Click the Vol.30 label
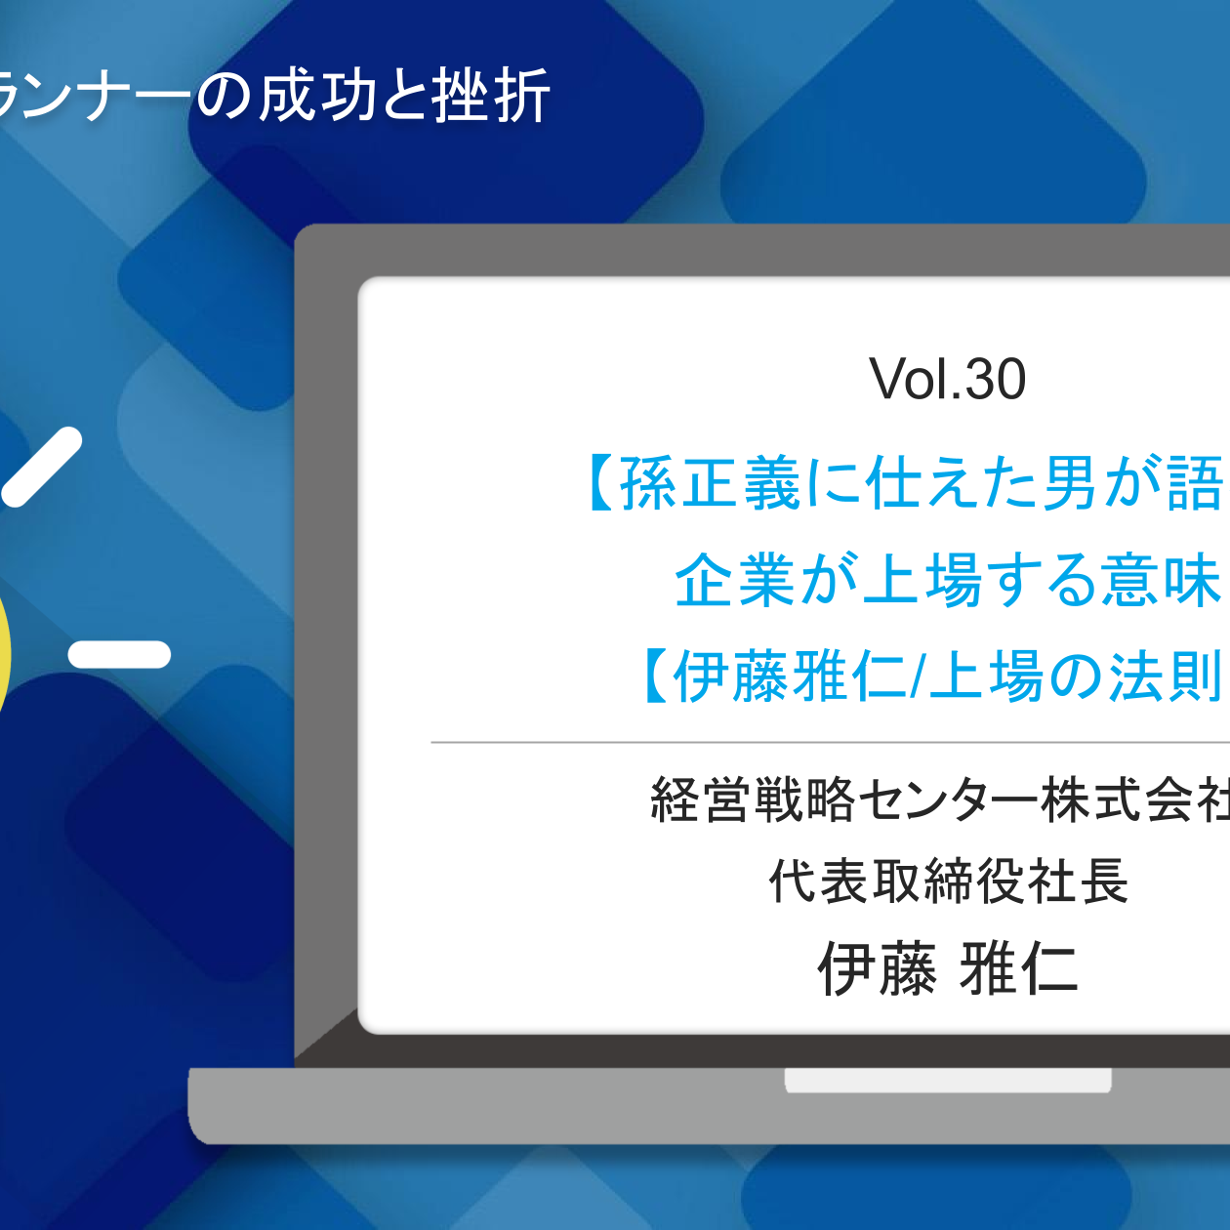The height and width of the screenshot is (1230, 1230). coord(947,379)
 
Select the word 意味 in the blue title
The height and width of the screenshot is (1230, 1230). coord(1162,580)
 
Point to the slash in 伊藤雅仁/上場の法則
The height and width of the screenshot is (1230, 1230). coord(917,676)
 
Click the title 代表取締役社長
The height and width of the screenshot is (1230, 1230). coord(948,881)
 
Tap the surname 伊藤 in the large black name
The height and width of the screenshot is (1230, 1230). coord(877,969)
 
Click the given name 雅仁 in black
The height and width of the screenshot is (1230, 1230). coord(1019,969)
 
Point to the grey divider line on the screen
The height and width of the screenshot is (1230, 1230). coord(830,742)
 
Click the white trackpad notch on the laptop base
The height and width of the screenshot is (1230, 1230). coord(948,1080)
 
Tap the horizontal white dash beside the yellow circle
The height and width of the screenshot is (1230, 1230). coord(119,654)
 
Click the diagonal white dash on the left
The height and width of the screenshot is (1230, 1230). coord(41,468)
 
